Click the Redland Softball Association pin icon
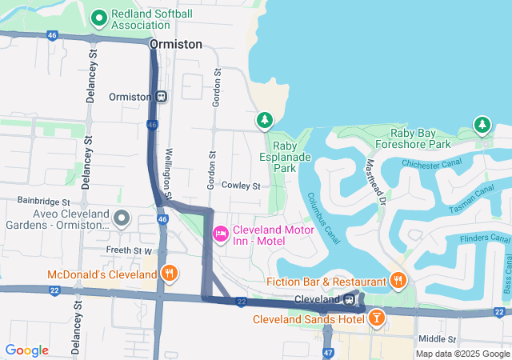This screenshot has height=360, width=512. point(99,17)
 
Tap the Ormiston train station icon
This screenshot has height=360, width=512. point(161,97)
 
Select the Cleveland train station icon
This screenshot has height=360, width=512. point(350,299)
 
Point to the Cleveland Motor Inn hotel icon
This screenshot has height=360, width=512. point(221,233)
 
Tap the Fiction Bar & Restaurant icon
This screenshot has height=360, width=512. point(398,280)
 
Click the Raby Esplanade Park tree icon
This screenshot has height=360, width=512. point(265,121)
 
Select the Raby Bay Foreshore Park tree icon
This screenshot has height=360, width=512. point(482,124)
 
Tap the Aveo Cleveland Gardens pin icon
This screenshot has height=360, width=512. point(122,217)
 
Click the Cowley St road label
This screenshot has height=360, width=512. point(242,186)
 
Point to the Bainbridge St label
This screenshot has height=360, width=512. point(45,201)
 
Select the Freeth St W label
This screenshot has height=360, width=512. point(129,250)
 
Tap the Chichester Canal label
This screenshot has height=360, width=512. point(432,164)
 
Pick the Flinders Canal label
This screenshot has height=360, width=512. point(486,238)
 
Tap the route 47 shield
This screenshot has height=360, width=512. point(328,352)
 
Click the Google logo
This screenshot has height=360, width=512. point(27,350)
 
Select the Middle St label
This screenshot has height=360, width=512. point(437,339)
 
